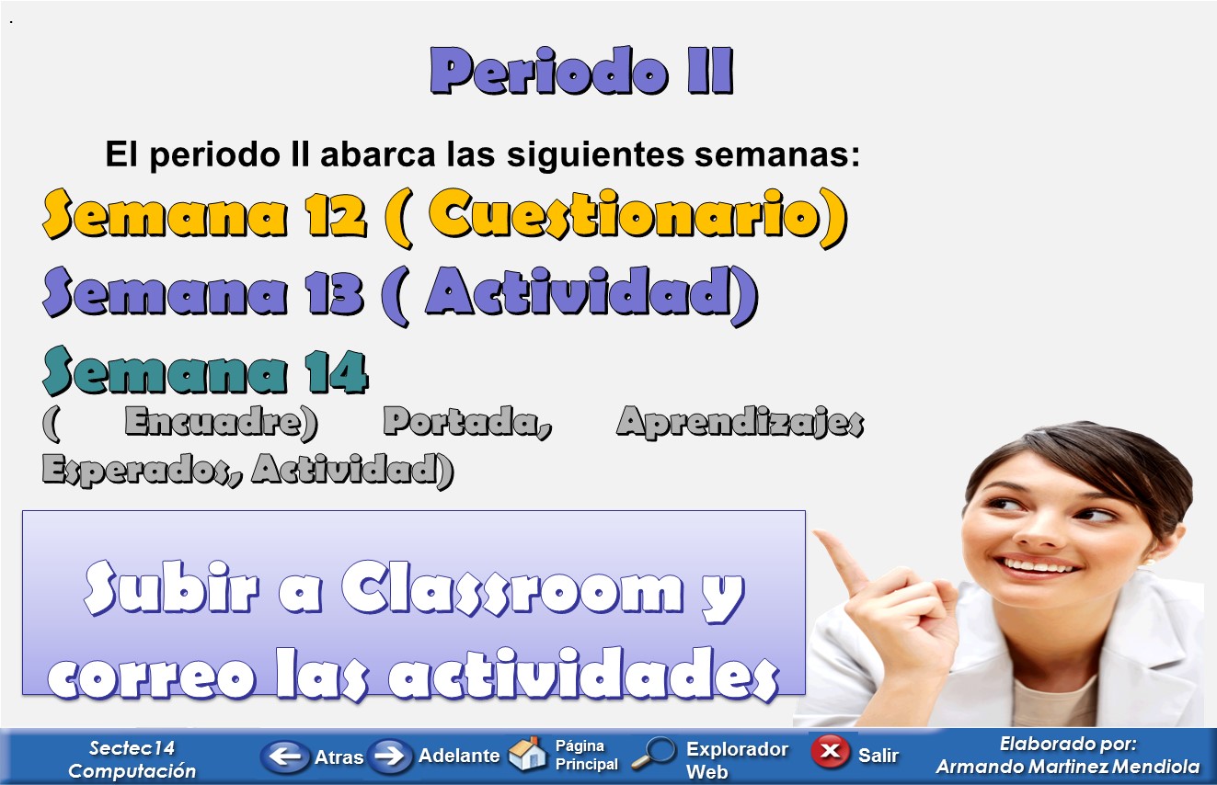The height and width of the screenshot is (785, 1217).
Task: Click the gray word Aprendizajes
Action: (740, 423)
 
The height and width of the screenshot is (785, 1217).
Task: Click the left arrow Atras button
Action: (285, 757)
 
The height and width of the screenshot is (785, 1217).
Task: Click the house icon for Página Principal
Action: (527, 754)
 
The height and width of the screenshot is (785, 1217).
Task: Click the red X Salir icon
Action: (829, 752)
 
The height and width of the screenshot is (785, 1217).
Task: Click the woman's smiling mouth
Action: (1039, 564)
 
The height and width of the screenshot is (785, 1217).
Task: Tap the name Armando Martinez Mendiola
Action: (1067, 767)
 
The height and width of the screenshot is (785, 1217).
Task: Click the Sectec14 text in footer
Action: (132, 747)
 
